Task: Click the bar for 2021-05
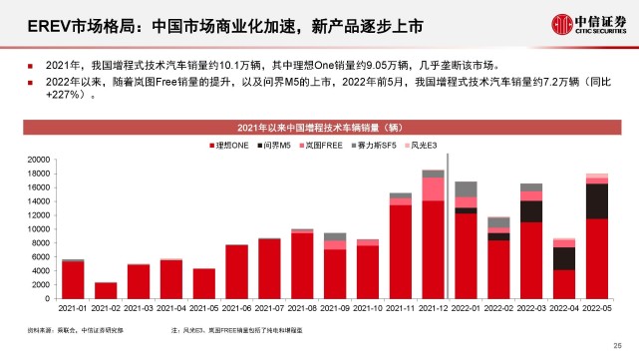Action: (x=203, y=283)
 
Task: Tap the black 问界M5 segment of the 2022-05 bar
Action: (x=596, y=200)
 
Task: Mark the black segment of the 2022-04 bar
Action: (x=563, y=258)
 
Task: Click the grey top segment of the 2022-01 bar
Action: (x=466, y=188)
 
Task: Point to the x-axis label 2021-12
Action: (x=433, y=309)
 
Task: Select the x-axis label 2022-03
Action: (x=530, y=309)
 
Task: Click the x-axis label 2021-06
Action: (x=236, y=309)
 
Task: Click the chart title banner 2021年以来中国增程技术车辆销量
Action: (x=319, y=129)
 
